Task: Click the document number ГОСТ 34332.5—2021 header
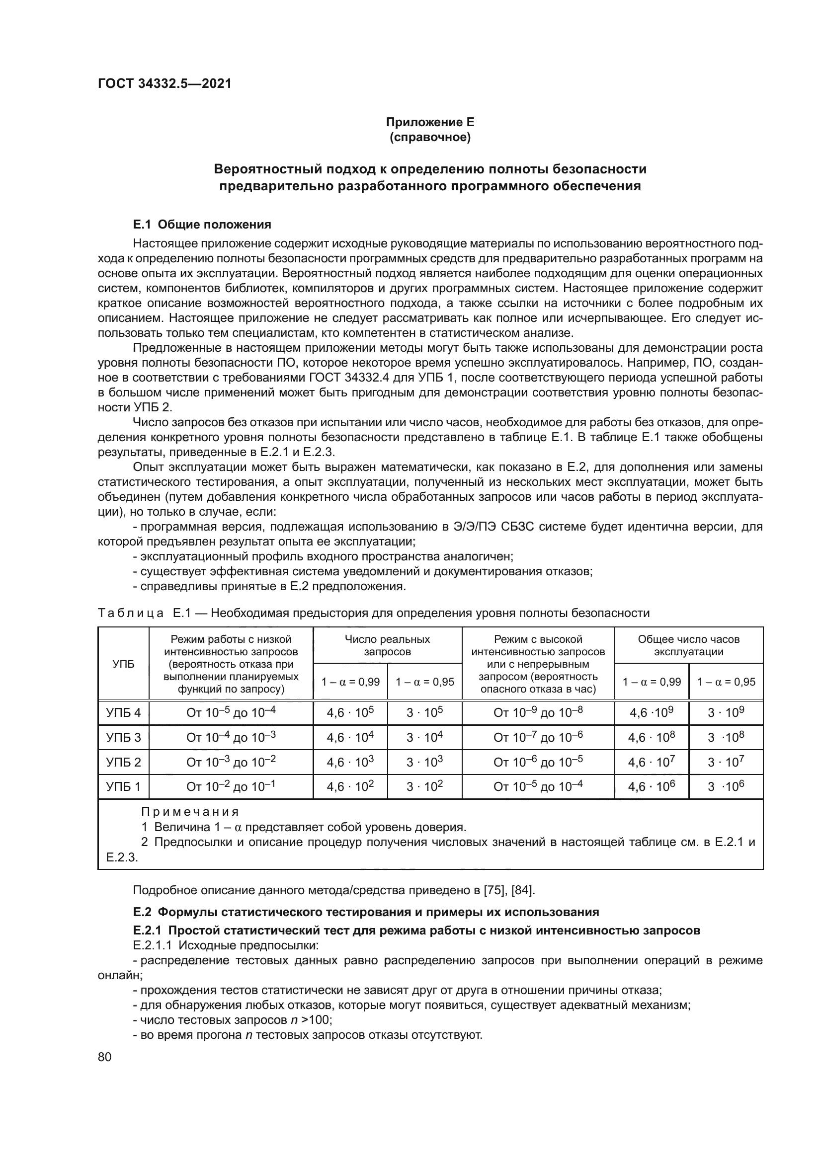[x=164, y=83]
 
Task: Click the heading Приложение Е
[x=430, y=122]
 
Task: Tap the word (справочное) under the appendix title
[x=430, y=137]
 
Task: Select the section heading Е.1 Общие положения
[x=202, y=224]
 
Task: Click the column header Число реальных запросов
[x=387, y=645]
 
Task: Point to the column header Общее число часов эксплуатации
[x=688, y=645]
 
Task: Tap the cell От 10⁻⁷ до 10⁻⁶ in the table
[x=538, y=737]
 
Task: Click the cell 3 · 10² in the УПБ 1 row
[x=424, y=786]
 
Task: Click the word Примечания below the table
[x=190, y=812]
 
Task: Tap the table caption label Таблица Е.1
[x=144, y=614]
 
